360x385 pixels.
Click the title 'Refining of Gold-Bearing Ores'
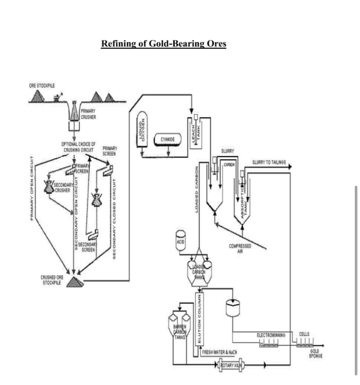[163, 44]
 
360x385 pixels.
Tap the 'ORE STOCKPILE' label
[42, 85]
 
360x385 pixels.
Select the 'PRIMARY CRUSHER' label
[88, 114]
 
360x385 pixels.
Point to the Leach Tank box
[197, 133]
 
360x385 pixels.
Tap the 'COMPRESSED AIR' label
[240, 248]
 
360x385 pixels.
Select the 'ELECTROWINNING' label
[271, 335]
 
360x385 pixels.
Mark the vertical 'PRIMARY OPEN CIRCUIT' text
[31, 187]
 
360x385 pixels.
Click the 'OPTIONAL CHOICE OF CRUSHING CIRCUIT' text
[78, 147]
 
